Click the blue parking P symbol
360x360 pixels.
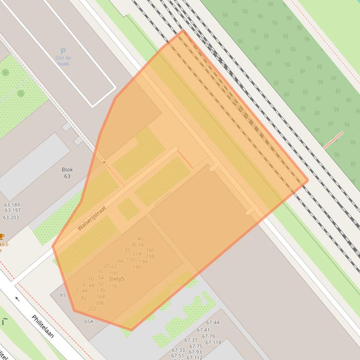[63, 51]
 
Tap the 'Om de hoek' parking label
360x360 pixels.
[63, 61]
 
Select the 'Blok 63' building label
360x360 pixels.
[67, 173]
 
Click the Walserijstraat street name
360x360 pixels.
[92, 218]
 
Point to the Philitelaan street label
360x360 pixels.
[43, 326]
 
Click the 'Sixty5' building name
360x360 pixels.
[117, 279]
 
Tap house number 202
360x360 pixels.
[92, 309]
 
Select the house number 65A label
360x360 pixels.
[89, 322]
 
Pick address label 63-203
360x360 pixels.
[11, 217]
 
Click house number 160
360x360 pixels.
[150, 250]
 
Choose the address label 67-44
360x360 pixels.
[213, 323]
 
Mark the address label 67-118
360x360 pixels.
[213, 343]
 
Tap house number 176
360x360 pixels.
[113, 286]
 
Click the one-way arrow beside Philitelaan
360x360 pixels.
[17, 299]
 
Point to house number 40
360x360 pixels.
[140, 239]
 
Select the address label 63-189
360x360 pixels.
[12, 205]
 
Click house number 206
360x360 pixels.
[100, 303]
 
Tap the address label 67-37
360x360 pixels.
[191, 340]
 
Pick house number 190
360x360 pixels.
[137, 267]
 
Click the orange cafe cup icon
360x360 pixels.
[1, 237]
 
